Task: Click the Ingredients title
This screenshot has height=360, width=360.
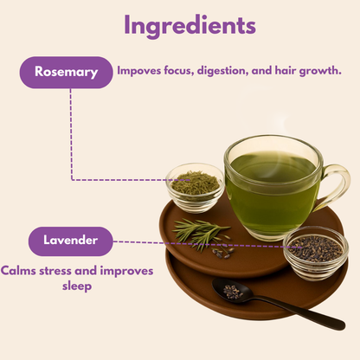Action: [x=190, y=25]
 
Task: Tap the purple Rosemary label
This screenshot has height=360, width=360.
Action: [x=66, y=72]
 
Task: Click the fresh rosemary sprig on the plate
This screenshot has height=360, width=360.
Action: [x=201, y=232]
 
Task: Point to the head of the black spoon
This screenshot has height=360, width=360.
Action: [x=233, y=292]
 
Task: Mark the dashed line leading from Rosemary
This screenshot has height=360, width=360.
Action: [x=71, y=138]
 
